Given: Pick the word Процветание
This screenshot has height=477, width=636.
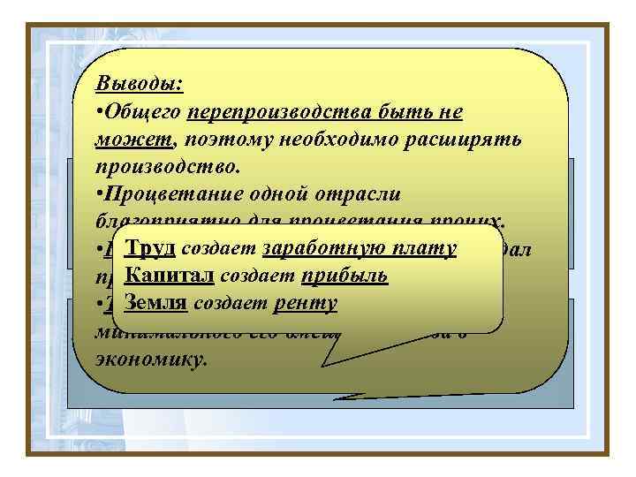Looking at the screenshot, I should (x=163, y=194).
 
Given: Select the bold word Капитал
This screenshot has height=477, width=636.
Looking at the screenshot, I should (x=170, y=276).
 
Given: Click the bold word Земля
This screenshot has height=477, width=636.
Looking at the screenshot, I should (x=155, y=303).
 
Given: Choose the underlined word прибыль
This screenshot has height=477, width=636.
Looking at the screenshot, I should (x=344, y=276).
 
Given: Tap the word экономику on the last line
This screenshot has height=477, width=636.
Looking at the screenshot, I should (x=151, y=360).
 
